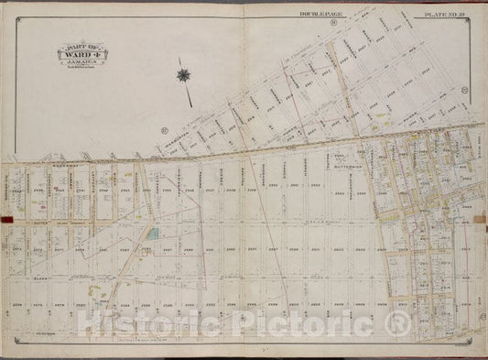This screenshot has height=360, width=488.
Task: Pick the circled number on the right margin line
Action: tap(464, 90)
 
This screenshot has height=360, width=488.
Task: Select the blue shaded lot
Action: tap(152, 234)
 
